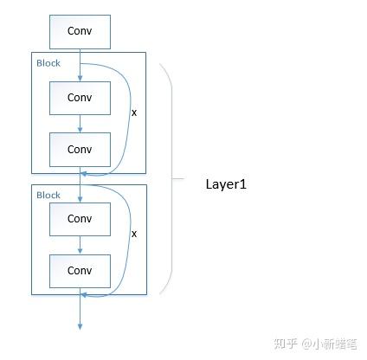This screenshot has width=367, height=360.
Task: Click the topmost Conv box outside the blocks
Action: click(x=80, y=32)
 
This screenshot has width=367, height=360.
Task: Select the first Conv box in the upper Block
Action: click(x=80, y=98)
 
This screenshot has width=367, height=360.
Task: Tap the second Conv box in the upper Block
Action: click(x=80, y=150)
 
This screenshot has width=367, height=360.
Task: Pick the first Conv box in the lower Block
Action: click(x=80, y=219)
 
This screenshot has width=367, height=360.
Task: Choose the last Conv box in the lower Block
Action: click(x=80, y=271)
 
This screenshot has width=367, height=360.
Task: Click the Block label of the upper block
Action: click(x=48, y=63)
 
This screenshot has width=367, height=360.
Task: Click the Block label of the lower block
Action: click(x=48, y=196)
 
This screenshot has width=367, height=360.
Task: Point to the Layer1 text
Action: click(x=226, y=184)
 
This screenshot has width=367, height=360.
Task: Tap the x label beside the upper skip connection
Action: click(x=134, y=112)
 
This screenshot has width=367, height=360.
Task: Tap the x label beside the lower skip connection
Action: click(x=134, y=234)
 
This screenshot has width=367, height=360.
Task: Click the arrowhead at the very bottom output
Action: click(x=80, y=326)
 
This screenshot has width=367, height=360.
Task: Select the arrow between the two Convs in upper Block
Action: click(x=80, y=124)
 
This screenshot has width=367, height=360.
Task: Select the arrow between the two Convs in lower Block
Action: click(x=80, y=245)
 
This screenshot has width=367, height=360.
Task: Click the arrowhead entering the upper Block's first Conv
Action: click(x=80, y=78)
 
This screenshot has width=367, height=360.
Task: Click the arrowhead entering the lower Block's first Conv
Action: click(x=80, y=199)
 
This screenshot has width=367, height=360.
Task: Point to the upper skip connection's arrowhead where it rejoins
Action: click(x=84, y=174)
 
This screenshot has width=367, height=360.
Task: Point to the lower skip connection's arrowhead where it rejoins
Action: click(x=84, y=295)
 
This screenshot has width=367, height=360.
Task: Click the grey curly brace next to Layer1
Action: click(x=172, y=179)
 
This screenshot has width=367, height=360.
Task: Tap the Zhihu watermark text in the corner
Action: click(x=315, y=344)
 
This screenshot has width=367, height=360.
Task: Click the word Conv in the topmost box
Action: click(x=80, y=31)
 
